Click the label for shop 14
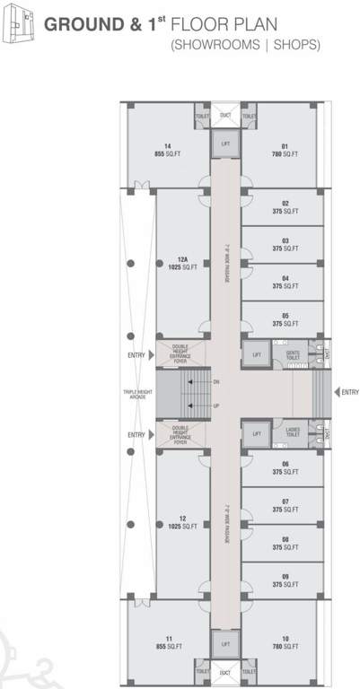coord(168,150)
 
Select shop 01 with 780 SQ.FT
coord(284,150)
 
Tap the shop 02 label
coord(284,207)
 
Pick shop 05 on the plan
coord(284,320)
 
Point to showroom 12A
coord(181,264)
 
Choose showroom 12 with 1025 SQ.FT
coord(181,522)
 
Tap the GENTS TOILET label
coord(292,356)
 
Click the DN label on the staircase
coord(216,383)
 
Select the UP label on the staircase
coord(216,406)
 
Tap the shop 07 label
coord(284,505)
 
